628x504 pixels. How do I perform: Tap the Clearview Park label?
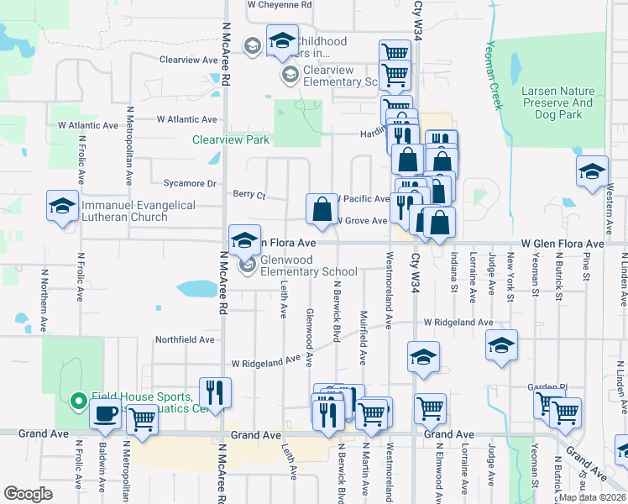[x=231, y=140]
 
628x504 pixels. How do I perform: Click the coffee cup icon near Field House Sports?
[x=107, y=415]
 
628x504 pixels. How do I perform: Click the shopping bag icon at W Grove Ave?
[x=322, y=208]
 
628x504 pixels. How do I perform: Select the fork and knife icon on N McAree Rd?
[x=216, y=393]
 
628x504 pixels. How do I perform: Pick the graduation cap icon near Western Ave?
[x=592, y=171]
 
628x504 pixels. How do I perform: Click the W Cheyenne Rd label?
[x=280, y=4]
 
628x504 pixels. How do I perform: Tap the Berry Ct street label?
[x=249, y=195]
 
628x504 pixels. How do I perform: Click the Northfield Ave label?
[x=185, y=340]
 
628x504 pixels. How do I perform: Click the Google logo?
[x=28, y=494]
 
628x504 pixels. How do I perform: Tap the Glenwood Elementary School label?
[x=308, y=265]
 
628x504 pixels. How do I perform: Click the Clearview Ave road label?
[x=190, y=60]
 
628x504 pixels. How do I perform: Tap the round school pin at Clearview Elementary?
[x=290, y=76]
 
